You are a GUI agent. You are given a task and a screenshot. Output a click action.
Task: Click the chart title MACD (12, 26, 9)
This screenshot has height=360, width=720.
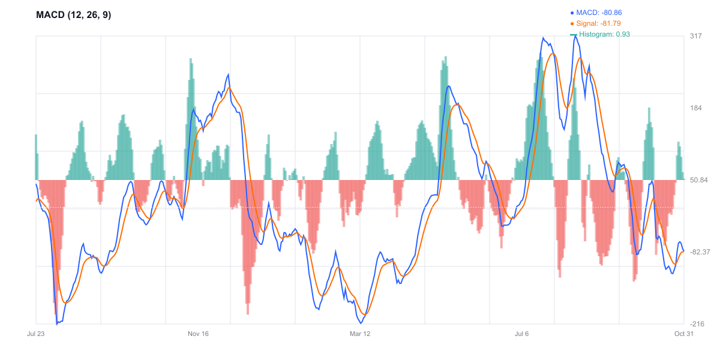click(x=74, y=15)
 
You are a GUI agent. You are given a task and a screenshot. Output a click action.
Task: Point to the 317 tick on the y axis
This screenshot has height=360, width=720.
click(x=696, y=36)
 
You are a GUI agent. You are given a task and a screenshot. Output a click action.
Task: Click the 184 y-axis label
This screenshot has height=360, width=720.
click(x=696, y=108)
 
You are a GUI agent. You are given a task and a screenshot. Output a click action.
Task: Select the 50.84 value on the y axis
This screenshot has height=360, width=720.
click(x=700, y=180)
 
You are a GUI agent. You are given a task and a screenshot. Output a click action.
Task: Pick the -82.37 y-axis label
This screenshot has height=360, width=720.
click(x=701, y=252)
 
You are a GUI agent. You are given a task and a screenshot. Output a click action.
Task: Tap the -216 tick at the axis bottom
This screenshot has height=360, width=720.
click(x=697, y=324)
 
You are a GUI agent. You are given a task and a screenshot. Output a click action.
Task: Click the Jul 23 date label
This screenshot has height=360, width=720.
click(x=37, y=334)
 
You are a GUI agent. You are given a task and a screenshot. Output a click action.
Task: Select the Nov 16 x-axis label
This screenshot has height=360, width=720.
click(x=198, y=334)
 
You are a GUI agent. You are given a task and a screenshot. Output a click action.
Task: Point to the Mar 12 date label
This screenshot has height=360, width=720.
click(x=360, y=334)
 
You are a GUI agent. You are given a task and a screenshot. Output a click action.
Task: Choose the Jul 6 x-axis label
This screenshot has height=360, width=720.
click(x=522, y=334)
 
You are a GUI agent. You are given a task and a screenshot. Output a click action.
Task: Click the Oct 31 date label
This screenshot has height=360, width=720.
click(x=683, y=334)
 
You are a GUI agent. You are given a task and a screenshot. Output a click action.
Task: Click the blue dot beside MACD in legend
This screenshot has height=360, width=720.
click(x=572, y=12)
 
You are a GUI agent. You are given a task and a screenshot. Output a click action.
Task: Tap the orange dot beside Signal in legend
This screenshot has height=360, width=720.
click(x=572, y=23)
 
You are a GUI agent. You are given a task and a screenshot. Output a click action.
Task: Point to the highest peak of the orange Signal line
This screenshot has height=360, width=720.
click(x=553, y=54)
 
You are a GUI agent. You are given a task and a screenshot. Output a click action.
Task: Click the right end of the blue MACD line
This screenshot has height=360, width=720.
click(x=683, y=251)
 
